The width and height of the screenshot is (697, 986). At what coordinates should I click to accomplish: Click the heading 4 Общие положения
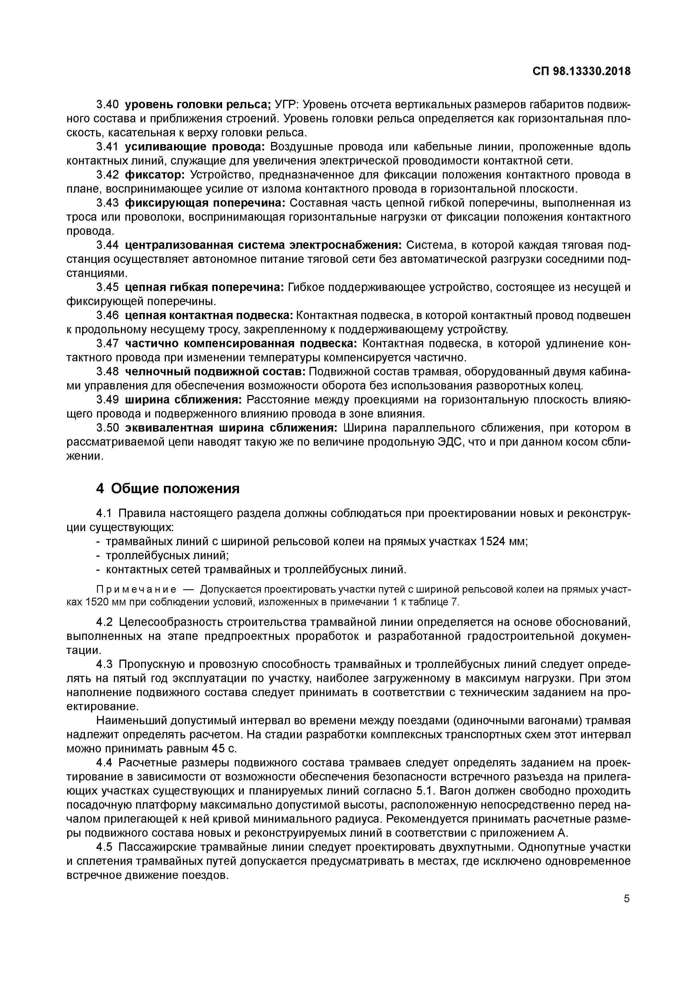tap(168, 488)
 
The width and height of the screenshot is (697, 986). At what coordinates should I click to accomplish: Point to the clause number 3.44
tap(107, 245)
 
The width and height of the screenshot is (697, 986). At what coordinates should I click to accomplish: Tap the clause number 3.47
tap(107, 344)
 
